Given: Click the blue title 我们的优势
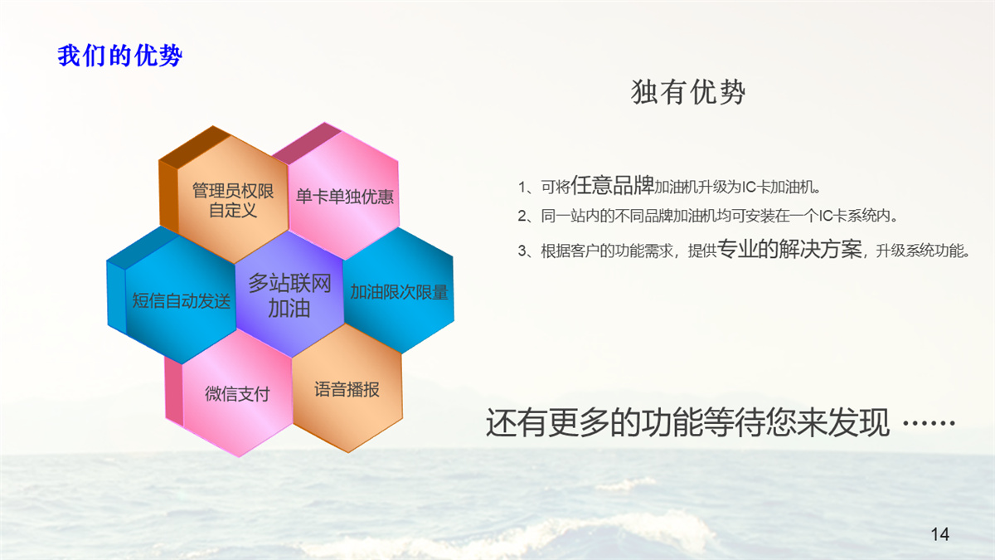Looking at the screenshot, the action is pos(120,56).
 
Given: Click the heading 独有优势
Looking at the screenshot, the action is pos(688,92).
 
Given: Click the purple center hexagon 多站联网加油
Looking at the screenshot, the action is pos(289,295).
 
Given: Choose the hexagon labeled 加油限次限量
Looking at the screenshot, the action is pos(399,290).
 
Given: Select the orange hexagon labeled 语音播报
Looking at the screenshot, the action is pos(347,388).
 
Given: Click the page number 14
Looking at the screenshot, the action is pos(940,534).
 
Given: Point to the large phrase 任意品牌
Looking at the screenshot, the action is pos(612,185).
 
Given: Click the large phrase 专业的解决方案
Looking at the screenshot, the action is pos(789,248).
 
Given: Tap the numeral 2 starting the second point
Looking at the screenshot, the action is pos(522,217).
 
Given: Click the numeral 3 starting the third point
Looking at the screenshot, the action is pos(522,251).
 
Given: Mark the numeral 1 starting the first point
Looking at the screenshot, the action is pos(522,187).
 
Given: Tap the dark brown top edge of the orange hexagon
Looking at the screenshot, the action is pos(195,147).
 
